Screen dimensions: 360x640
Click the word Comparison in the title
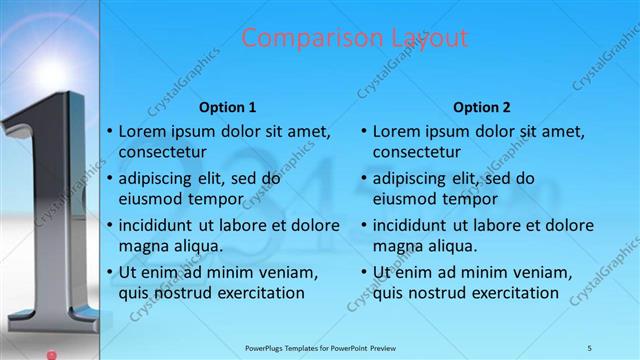297,39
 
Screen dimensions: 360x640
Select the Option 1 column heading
227,107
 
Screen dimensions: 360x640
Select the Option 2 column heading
481,107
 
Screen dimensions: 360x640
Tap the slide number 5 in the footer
589,347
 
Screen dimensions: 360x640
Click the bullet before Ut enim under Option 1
109,272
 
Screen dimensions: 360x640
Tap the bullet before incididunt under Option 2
363,225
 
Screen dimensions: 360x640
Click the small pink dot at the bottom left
51,352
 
